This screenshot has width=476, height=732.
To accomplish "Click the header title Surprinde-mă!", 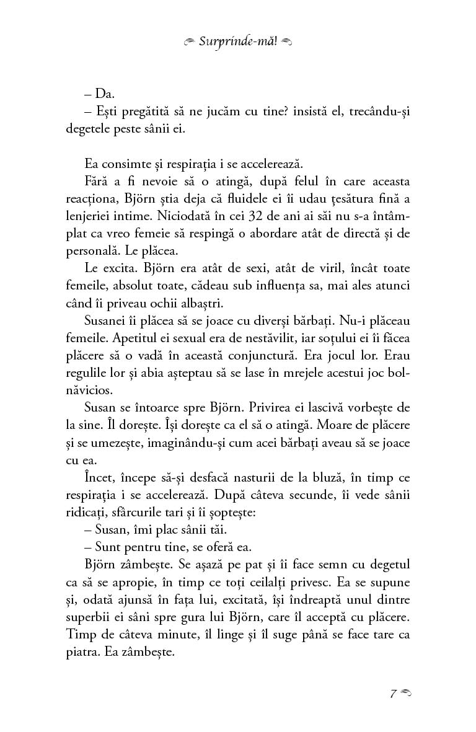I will pyautogui.click(x=239, y=42).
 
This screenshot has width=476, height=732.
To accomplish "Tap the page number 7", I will pyautogui.click(x=393, y=693).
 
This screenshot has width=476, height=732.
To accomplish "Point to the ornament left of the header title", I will pyautogui.click(x=190, y=42).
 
